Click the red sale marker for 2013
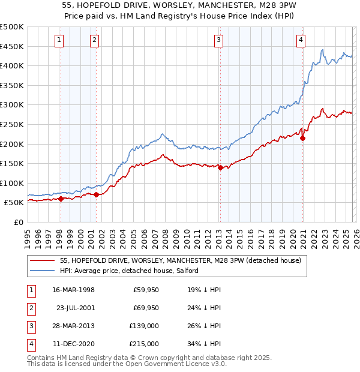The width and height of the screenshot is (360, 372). (x=220, y=168)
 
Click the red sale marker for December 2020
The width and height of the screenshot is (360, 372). (x=302, y=138)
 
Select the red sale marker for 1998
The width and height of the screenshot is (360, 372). (x=61, y=199)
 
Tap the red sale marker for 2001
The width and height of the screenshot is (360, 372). (x=96, y=194)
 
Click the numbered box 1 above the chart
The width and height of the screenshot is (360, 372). (x=60, y=40)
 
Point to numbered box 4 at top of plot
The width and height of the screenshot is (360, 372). (x=301, y=40)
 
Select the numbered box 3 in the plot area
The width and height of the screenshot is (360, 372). (x=218, y=40)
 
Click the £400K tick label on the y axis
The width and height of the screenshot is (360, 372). (x=12, y=66)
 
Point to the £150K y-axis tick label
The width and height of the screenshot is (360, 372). (x=12, y=163)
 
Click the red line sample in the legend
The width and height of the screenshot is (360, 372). (x=43, y=261)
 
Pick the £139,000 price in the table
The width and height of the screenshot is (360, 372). (x=145, y=327)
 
